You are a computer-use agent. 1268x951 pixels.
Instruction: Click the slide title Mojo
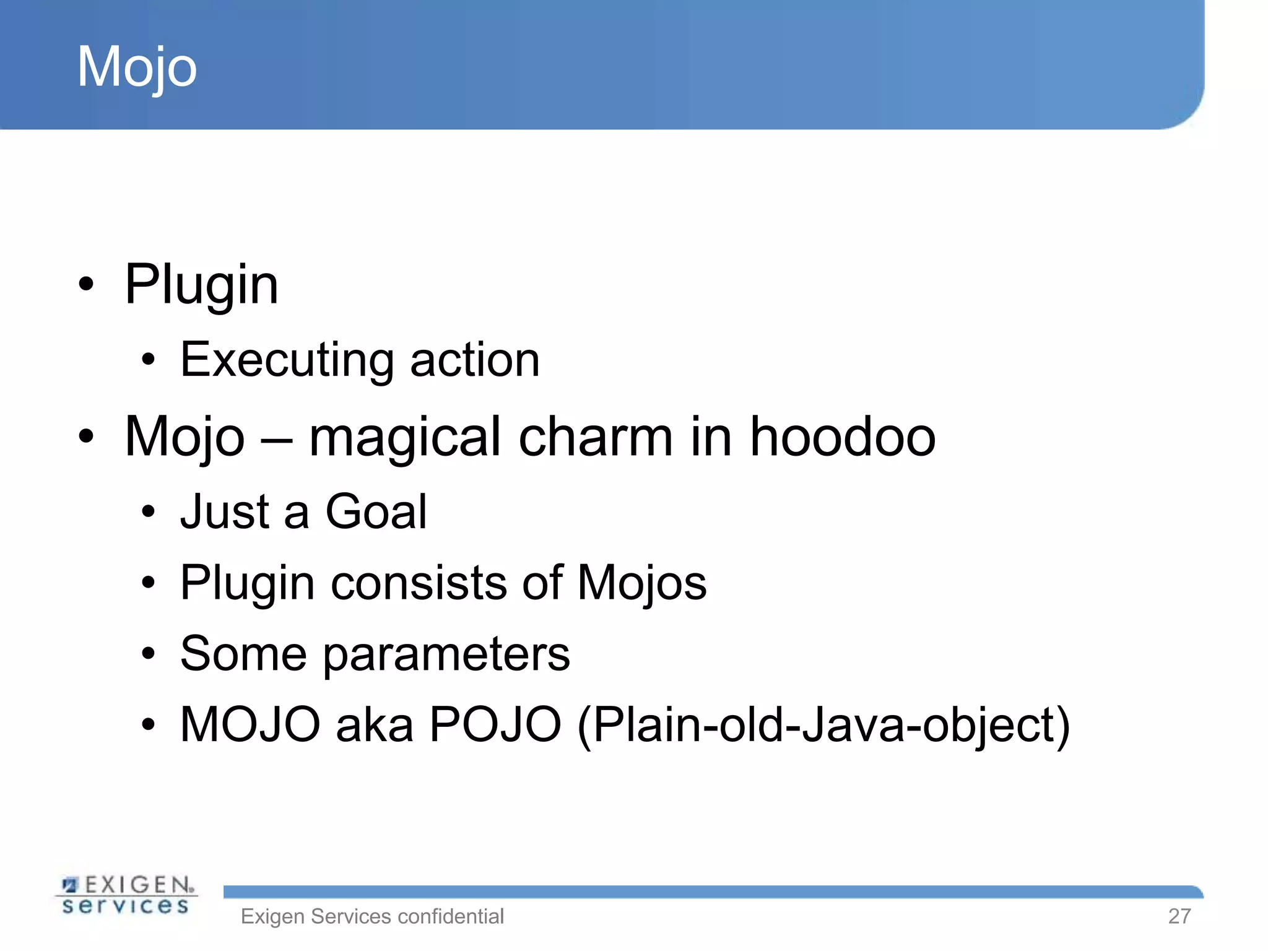coord(137,67)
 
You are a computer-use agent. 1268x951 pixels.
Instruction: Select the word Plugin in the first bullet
coord(201,285)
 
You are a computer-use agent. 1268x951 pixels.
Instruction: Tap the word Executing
coord(287,360)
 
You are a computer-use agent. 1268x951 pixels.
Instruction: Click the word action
coord(475,360)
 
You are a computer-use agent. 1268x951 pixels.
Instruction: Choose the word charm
coord(595,437)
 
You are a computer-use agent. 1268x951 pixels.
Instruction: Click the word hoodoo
coord(843,437)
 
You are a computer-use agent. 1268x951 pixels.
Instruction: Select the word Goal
coord(376,512)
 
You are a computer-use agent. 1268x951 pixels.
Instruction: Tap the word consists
coord(419,583)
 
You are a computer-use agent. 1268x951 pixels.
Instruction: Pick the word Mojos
coord(641,583)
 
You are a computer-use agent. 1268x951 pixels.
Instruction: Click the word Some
coord(243,654)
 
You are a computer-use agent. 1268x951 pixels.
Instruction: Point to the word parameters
coord(446,655)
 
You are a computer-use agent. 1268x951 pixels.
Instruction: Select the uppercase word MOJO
coord(250,724)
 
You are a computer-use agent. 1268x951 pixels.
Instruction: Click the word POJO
coord(495,724)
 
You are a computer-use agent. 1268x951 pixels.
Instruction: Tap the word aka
coord(375,724)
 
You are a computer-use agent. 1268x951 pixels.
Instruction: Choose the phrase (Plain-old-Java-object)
coord(823,726)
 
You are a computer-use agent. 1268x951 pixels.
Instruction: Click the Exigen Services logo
coord(126,895)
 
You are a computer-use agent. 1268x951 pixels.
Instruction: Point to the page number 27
coord(1179,916)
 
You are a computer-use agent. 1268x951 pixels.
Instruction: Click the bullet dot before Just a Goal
coord(147,513)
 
